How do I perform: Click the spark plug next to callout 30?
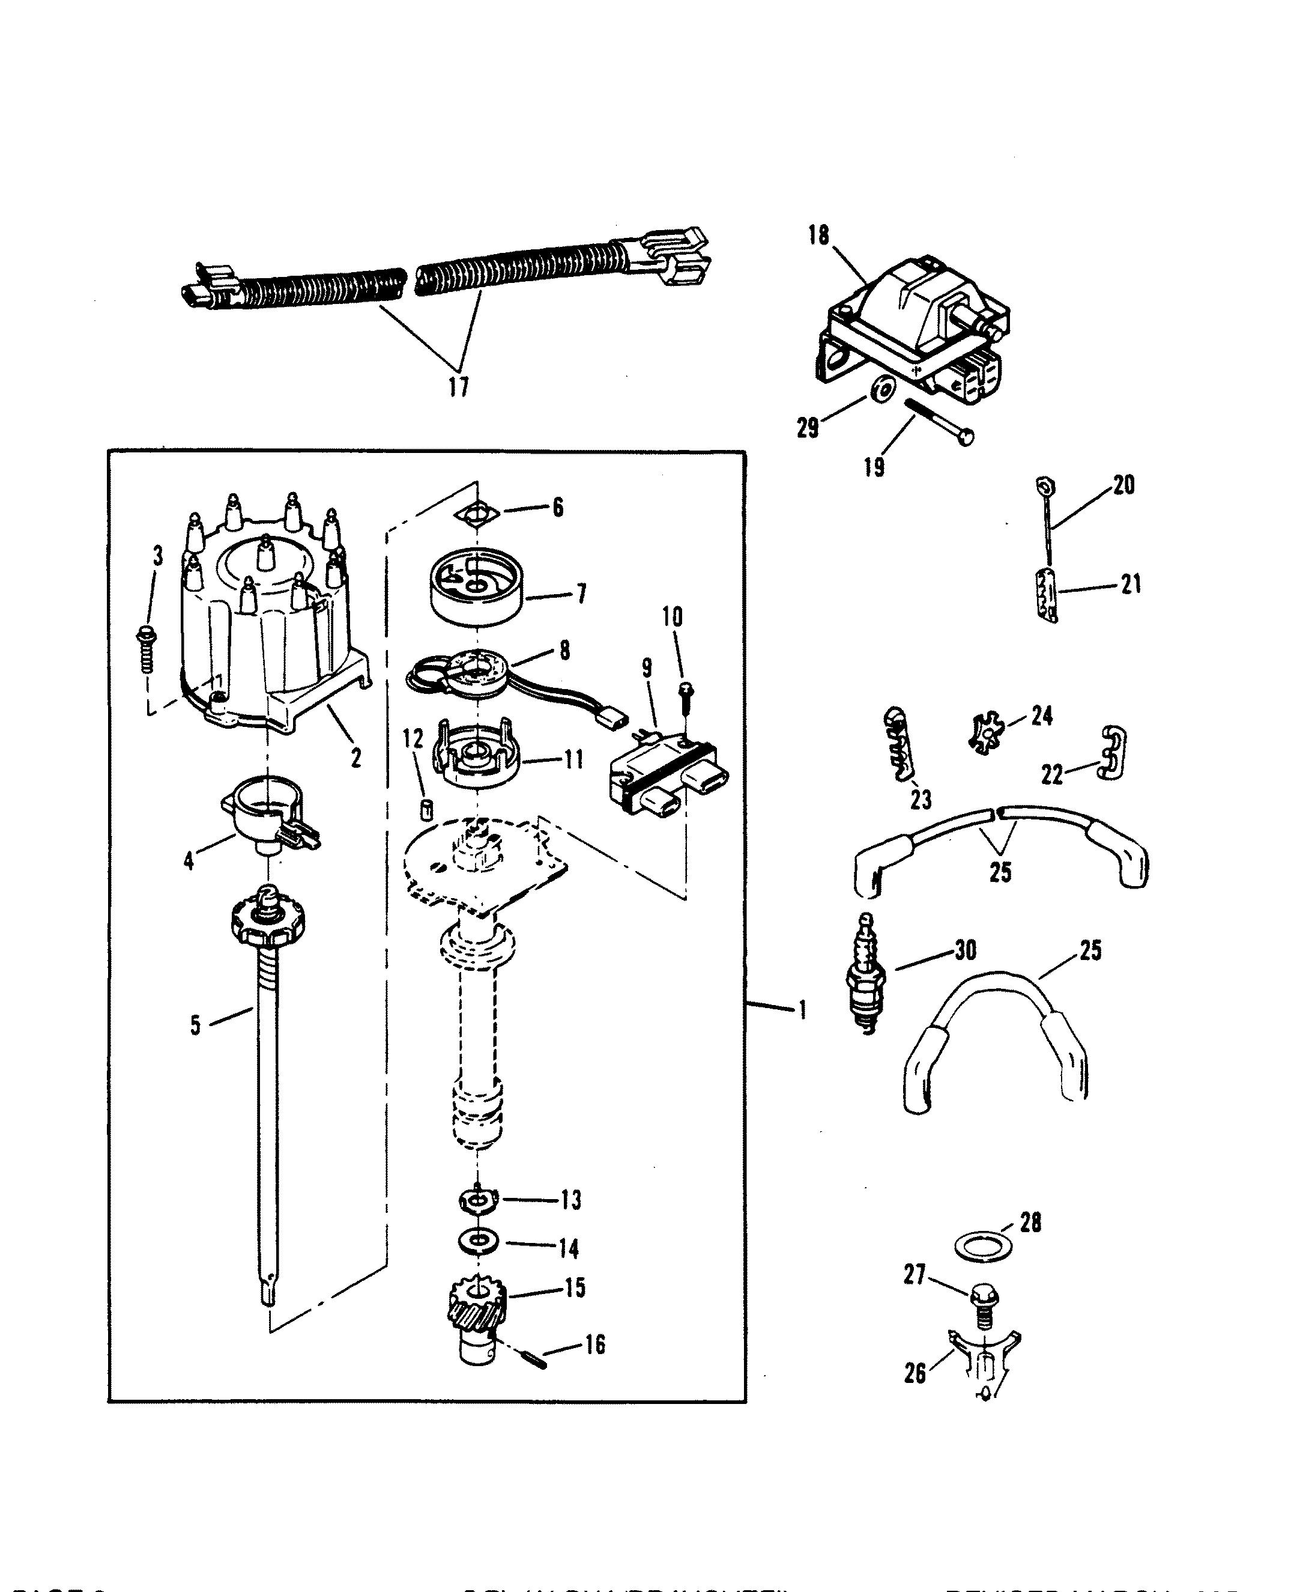[866, 973]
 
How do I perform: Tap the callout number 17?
[459, 386]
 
